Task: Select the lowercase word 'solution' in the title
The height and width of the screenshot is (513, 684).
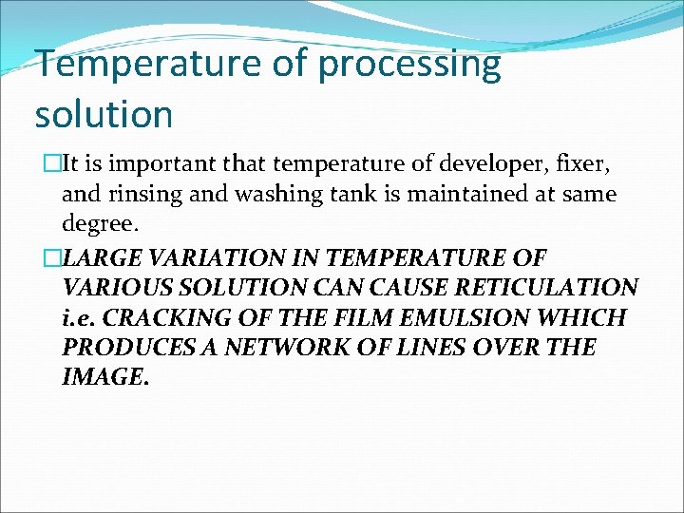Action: point(104,114)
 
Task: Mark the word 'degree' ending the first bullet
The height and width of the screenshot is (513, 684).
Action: point(99,225)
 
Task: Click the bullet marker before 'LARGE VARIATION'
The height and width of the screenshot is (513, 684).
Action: point(43,257)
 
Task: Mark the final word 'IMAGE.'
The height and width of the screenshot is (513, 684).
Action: point(104,377)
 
